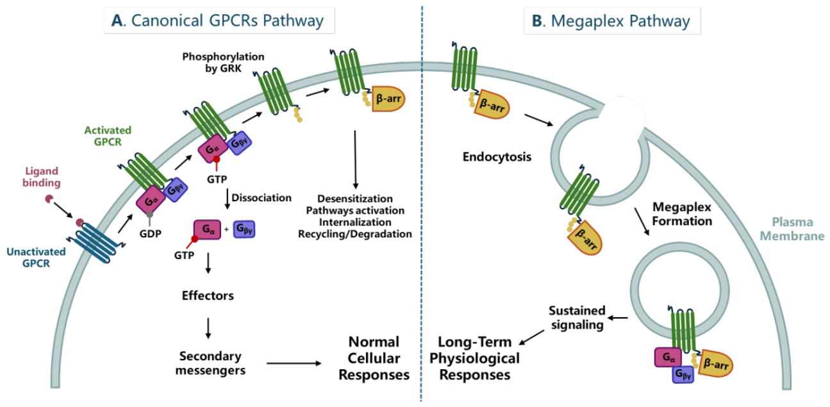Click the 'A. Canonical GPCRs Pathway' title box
(x=219, y=21)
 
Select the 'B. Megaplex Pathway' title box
(x=612, y=21)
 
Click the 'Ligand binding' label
(x=42, y=177)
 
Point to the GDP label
(x=151, y=234)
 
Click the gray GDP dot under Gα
(x=149, y=214)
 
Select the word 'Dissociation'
(x=261, y=197)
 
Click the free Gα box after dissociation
(x=207, y=230)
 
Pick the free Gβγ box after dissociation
(x=244, y=229)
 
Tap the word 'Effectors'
(x=208, y=296)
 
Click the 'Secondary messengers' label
(x=210, y=363)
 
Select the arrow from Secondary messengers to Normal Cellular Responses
(x=294, y=363)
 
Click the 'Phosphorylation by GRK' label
(x=224, y=62)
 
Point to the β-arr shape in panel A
(x=388, y=99)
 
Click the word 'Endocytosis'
(x=497, y=157)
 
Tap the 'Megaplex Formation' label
(x=682, y=214)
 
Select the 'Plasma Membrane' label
(x=792, y=229)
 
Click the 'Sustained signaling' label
(x=577, y=318)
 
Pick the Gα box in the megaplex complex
(x=668, y=358)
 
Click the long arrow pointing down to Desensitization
(x=355, y=160)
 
